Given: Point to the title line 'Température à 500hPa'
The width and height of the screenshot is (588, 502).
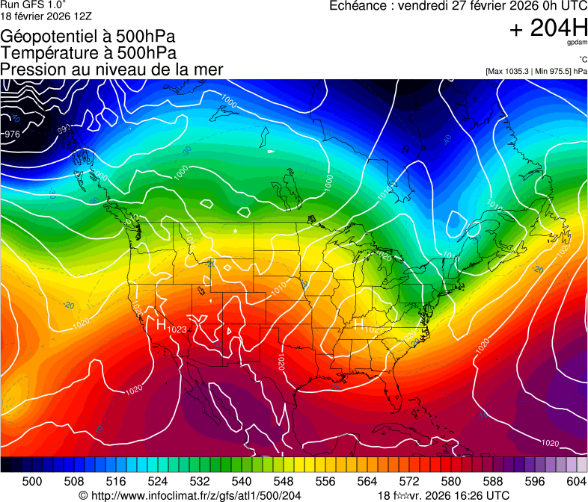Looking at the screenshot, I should coord(88,53).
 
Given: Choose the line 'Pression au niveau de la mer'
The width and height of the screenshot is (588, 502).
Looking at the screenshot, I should coord(112,69).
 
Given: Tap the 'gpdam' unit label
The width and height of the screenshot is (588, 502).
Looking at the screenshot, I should coord(577,45).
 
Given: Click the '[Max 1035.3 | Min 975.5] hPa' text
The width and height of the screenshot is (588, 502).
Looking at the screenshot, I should coord(536,71).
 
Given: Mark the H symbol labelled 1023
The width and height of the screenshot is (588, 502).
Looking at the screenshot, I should coord(161,325).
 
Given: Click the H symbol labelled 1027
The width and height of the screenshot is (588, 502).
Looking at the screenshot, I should coord(358,326).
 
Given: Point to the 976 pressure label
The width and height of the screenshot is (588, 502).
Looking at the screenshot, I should coord(12,134).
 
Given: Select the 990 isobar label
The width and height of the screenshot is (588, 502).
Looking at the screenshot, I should coord(63,128).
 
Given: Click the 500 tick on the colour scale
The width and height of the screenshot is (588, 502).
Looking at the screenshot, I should coord(32,481).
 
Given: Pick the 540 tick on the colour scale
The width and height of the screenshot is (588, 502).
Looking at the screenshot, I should coord(242,481).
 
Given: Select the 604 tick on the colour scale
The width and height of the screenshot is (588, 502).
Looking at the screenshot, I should coord(576,481).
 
